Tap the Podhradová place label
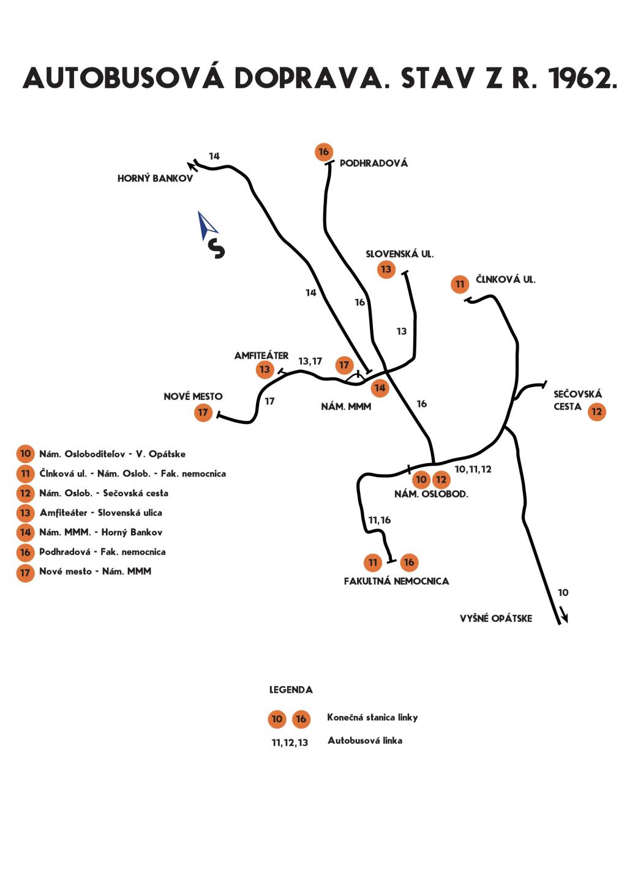tap(374, 163)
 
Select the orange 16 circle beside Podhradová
tap(324, 151)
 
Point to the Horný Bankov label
tap(155, 179)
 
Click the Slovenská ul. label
tap(400, 254)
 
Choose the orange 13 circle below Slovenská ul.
tap(386, 270)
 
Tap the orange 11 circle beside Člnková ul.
tap(460, 284)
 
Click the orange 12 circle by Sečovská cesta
tap(596, 412)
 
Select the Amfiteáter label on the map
tap(261, 355)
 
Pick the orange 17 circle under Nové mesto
tap(203, 412)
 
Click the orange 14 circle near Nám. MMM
tap(380, 388)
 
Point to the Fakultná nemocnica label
tap(396, 581)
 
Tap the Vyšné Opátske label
tap(496, 619)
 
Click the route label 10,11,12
tap(473, 469)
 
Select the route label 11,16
tap(379, 521)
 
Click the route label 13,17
tap(310, 361)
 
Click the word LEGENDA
tap(291, 690)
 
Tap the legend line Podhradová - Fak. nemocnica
tap(102, 552)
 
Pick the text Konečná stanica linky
tap(372, 717)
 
